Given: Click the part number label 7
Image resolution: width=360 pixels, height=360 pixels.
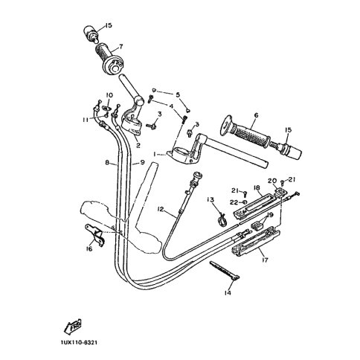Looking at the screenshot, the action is point(120,46).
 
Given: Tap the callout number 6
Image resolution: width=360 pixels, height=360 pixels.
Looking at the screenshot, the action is point(256,115).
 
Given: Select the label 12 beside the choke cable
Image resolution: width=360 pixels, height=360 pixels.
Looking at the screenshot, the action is point(161,210).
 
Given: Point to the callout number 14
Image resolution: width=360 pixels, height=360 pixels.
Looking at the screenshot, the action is point(228,293).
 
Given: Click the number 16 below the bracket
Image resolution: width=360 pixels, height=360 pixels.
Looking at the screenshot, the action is point(89,248).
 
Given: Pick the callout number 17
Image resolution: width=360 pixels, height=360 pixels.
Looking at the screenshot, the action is point(265,260).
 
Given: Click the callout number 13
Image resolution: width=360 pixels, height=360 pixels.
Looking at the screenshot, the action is point(210,200).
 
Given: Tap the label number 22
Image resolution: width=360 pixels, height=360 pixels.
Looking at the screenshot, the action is point(234,202).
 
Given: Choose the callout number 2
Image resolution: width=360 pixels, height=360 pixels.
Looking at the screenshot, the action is point(138,145).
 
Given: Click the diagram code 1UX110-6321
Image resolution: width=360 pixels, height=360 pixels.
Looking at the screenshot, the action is point(79,342).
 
